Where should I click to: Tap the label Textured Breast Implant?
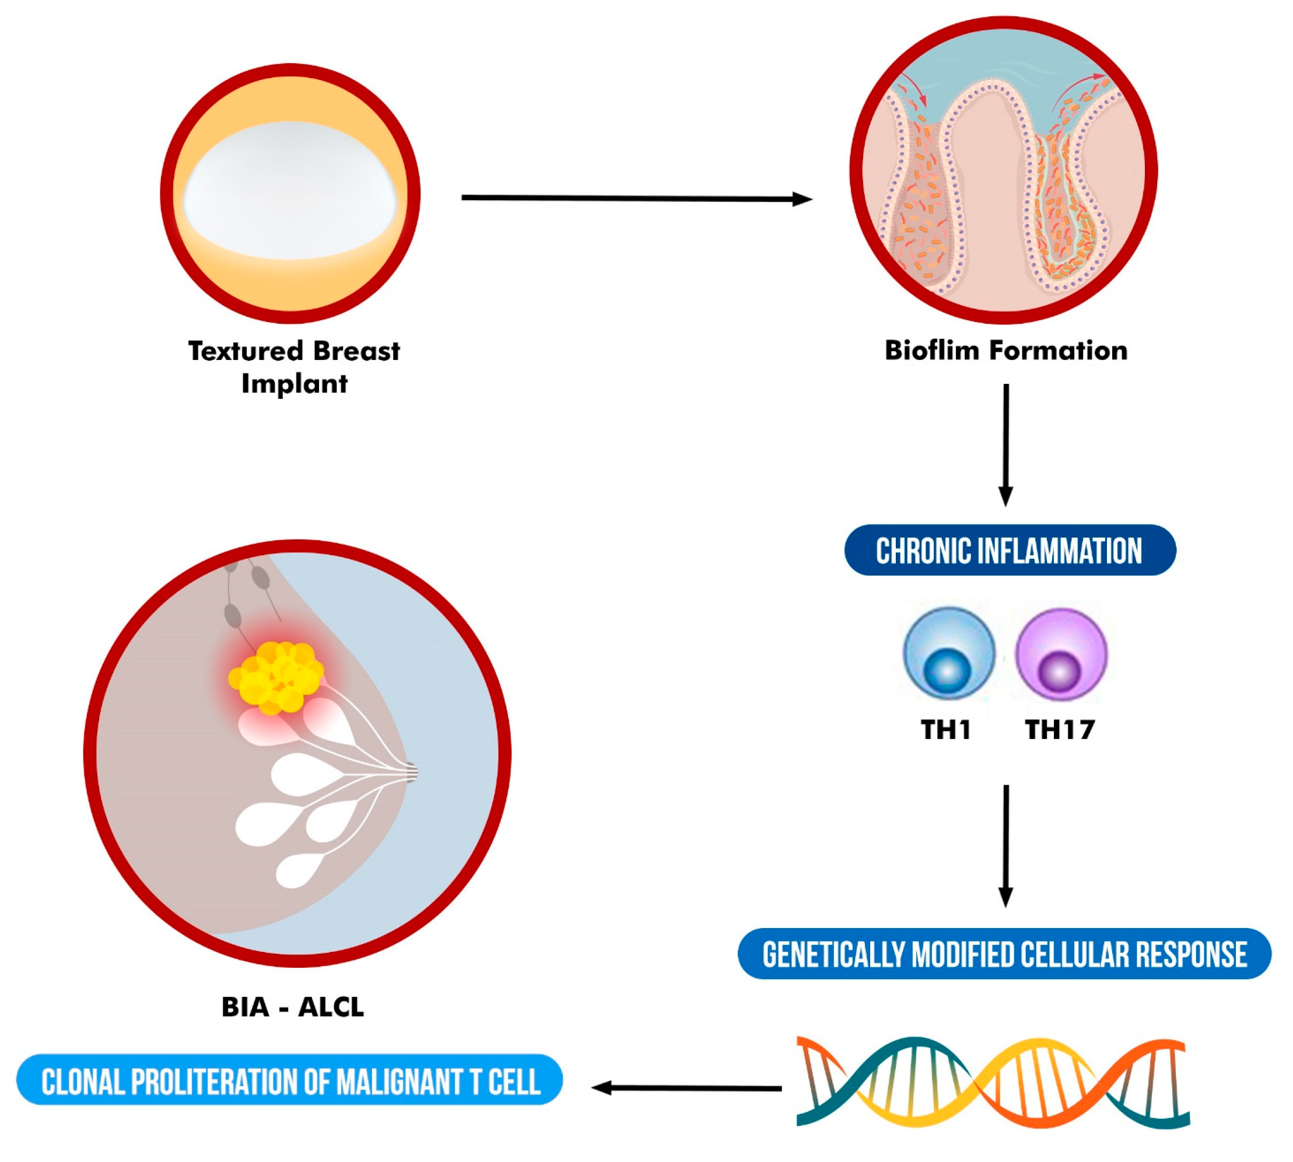pyautogui.click(x=293, y=366)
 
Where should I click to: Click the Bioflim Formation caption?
pyautogui.click(x=1005, y=351)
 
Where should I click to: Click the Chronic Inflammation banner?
pyautogui.click(x=1009, y=550)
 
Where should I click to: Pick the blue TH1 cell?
pyautogui.click(x=948, y=654)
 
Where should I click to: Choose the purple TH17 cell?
pyautogui.click(x=1060, y=654)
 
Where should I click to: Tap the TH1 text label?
pyautogui.click(x=946, y=729)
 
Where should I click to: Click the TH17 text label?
pyautogui.click(x=1059, y=729)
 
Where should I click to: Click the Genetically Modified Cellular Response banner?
pyautogui.click(x=1004, y=954)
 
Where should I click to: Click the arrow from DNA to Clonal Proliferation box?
pyautogui.click(x=686, y=1088)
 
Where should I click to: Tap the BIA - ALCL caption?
pyautogui.click(x=292, y=1007)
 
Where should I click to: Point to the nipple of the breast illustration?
pyautogui.click(x=412, y=772)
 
